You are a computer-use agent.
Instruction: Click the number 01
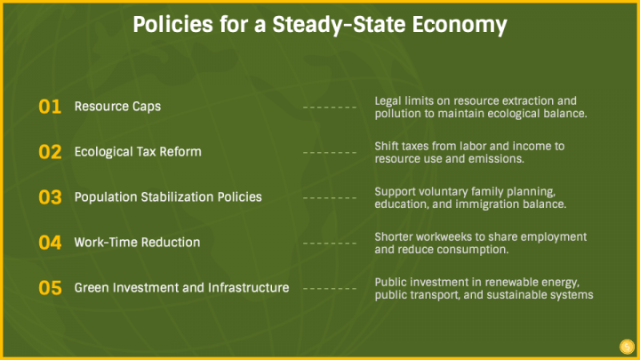point(50,107)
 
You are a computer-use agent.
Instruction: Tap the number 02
point(50,152)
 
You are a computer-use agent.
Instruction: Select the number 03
point(50,197)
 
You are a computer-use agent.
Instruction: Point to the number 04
point(50,243)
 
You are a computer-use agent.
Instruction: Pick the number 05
point(50,288)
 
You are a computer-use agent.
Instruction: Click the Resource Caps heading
point(117,107)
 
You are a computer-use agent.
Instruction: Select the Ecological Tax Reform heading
point(138,152)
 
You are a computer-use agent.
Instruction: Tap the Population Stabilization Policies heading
point(168,197)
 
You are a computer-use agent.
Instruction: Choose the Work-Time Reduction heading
point(137,243)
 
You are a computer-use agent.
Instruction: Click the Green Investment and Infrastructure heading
point(181,288)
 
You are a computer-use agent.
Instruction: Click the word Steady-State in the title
point(339,25)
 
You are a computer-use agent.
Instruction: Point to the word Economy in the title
point(460,25)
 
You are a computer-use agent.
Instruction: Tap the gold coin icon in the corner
point(627,347)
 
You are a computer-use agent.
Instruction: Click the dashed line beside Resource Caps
point(330,108)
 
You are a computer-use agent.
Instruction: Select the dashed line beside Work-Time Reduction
point(330,244)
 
